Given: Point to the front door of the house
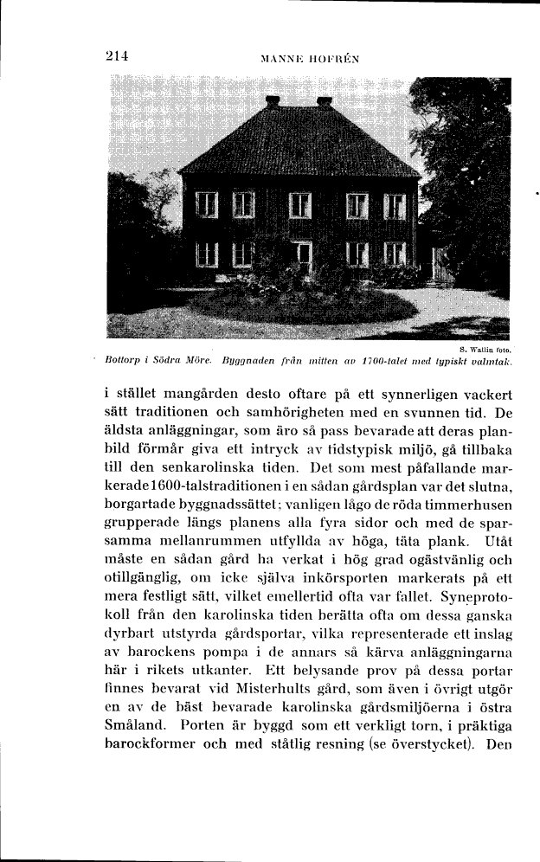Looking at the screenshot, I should coord(302,257).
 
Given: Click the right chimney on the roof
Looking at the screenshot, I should coord(325,102).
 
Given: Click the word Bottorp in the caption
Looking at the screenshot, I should coord(123,358).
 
